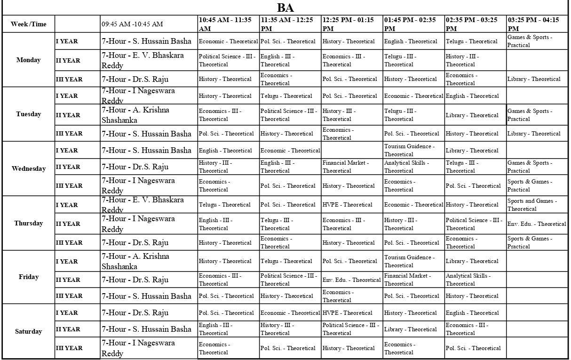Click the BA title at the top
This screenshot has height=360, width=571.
(285, 8)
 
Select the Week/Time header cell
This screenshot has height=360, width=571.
(29, 24)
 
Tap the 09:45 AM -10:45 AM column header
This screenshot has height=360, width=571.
(132, 24)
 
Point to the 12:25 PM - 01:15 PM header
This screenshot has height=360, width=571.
(349, 24)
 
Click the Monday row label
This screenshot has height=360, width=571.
(29, 60)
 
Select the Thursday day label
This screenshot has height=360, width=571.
(29, 223)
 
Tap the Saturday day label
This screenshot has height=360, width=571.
(29, 331)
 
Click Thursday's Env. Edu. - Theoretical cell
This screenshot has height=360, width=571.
(537, 224)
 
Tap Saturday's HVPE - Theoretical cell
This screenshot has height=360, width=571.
(348, 313)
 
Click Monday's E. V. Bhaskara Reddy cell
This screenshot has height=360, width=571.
(143, 60)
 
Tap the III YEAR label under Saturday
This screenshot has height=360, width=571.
(69, 348)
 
